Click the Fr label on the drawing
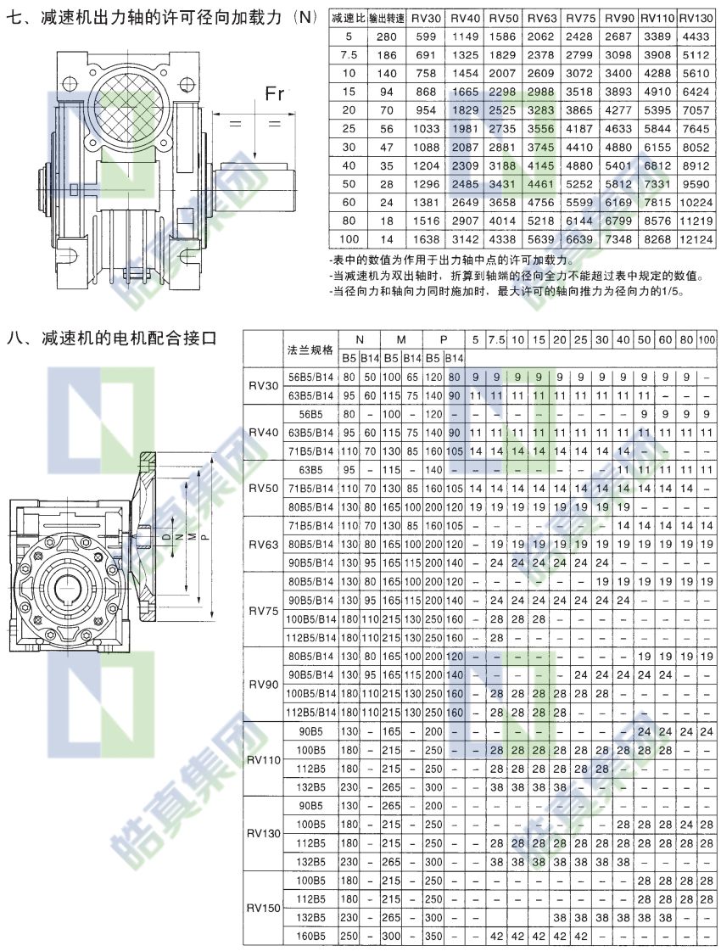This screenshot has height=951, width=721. [274, 94]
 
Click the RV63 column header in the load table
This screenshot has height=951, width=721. [541, 18]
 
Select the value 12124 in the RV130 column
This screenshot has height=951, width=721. [696, 239]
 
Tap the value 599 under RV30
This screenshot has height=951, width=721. [426, 36]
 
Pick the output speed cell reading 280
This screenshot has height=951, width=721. [386, 36]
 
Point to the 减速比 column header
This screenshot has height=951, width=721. [348, 18]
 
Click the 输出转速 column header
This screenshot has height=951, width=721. [387, 19]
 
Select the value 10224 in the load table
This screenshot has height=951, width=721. [696, 203]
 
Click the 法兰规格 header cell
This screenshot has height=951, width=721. [310, 350]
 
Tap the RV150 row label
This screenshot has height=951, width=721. [264, 908]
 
